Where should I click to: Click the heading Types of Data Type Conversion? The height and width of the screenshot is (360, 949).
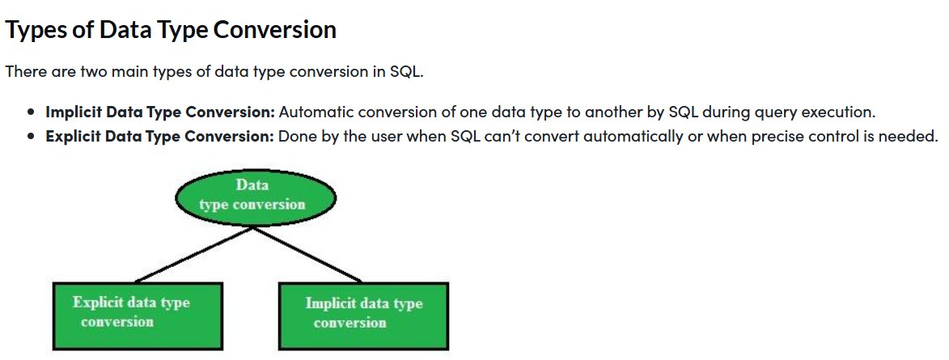tap(170, 30)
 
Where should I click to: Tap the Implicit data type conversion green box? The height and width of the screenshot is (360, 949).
tap(363, 314)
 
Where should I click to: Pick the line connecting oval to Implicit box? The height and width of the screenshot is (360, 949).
tap(307, 255)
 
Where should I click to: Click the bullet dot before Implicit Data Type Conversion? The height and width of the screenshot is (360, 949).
tap(31, 112)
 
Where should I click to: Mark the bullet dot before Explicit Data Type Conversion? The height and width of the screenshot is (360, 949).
tap(31, 137)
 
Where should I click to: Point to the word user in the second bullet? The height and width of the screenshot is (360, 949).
tap(396, 136)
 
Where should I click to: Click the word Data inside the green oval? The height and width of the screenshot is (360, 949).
tap(252, 185)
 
